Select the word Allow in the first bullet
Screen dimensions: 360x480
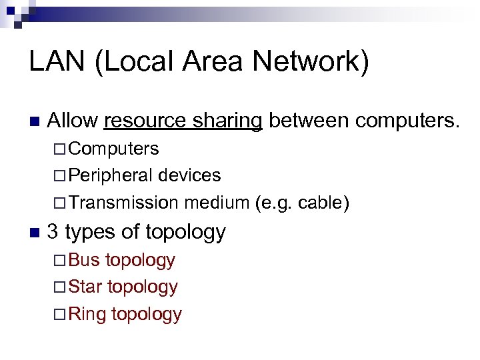(x=73, y=121)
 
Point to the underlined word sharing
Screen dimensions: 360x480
(x=229, y=121)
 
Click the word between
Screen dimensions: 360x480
(x=309, y=121)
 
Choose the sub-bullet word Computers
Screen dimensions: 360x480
(x=113, y=148)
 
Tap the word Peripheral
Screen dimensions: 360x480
(x=110, y=175)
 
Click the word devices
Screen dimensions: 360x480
(x=190, y=175)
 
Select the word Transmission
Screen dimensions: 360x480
(x=123, y=202)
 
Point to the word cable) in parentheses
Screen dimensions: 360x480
(x=323, y=202)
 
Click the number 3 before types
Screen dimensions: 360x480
(x=54, y=232)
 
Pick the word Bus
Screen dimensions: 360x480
(x=84, y=260)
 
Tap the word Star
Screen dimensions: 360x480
(x=85, y=287)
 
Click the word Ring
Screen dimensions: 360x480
(x=87, y=314)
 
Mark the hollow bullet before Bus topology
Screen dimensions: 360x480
(x=59, y=261)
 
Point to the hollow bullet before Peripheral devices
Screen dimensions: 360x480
(x=59, y=176)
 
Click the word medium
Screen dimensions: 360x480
(x=217, y=202)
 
